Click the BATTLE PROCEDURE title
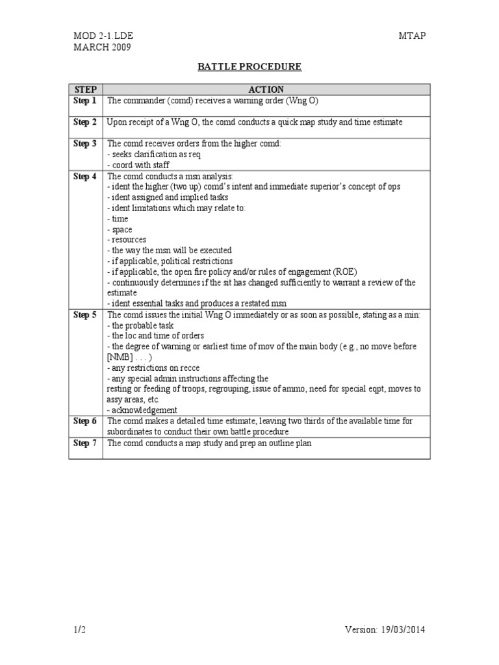(249, 67)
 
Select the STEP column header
(85, 90)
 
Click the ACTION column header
(266, 90)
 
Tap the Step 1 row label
(85, 101)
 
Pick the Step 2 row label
(85, 122)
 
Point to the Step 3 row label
(85, 144)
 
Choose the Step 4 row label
(85, 176)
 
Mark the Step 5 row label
(85, 315)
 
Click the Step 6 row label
(85, 421)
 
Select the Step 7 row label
(85, 443)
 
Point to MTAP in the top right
(412, 36)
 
